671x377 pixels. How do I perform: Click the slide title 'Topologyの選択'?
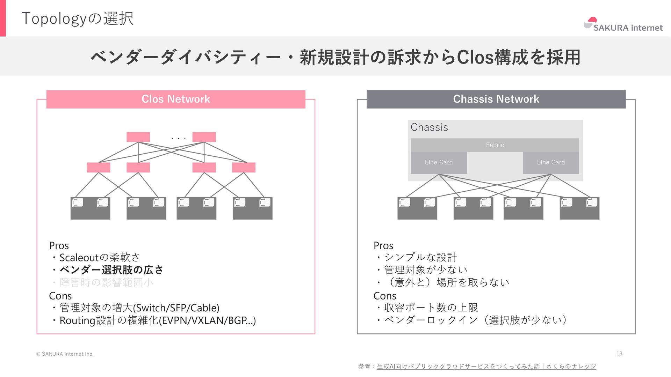[78, 19]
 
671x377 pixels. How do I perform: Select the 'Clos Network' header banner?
[176, 99]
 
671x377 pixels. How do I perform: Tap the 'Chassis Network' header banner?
[496, 99]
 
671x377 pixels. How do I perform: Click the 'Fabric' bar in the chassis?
[495, 145]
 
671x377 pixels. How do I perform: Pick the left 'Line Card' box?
[439, 163]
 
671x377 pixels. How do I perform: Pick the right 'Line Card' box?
[551, 163]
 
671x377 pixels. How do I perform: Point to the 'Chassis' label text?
[429, 127]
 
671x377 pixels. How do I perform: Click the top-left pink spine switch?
[138, 137]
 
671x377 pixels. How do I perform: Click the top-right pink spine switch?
[204, 137]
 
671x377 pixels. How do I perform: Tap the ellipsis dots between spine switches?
[179, 139]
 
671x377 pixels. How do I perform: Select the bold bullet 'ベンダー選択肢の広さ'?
[111, 270]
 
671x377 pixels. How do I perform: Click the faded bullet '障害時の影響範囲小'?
[106, 282]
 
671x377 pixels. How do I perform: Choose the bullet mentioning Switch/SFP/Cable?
[139, 308]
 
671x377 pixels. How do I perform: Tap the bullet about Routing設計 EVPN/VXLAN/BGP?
[157, 320]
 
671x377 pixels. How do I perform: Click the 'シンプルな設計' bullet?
[420, 257]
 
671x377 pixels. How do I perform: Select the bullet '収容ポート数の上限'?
[431, 308]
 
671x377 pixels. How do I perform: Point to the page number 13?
[619, 354]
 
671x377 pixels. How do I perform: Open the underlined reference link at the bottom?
[486, 367]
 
